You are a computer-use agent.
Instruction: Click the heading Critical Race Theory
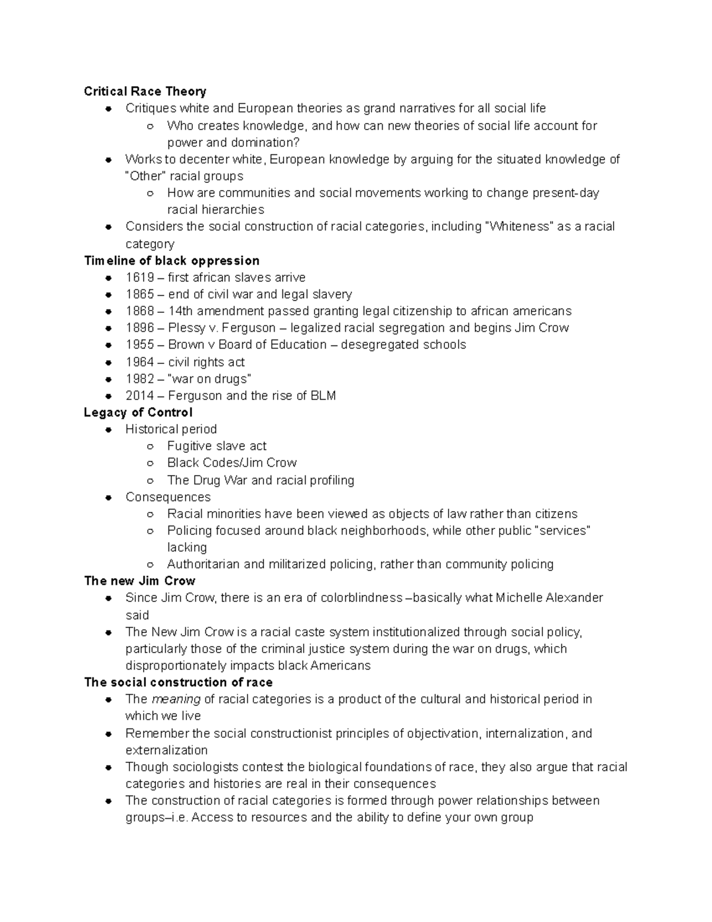[x=145, y=91]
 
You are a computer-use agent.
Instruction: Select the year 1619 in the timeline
[x=139, y=278]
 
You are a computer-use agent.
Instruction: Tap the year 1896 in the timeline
[x=139, y=328]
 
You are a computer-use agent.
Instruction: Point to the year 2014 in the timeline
[x=139, y=396]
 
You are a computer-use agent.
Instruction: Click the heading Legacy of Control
[x=138, y=413]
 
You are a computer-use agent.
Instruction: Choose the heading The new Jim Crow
[x=139, y=581]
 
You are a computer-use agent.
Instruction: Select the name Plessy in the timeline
[x=186, y=328]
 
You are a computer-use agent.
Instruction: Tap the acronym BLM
[x=323, y=396]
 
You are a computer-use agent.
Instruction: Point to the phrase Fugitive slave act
[x=217, y=446]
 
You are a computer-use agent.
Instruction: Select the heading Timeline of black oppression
[x=171, y=261]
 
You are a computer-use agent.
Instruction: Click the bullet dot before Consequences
[x=109, y=498]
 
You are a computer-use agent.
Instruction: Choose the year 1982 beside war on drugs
[x=139, y=379]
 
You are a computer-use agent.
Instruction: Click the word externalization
[x=166, y=750]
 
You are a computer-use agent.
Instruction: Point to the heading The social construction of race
[x=178, y=683]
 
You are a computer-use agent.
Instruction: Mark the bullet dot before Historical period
[x=109, y=430]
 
